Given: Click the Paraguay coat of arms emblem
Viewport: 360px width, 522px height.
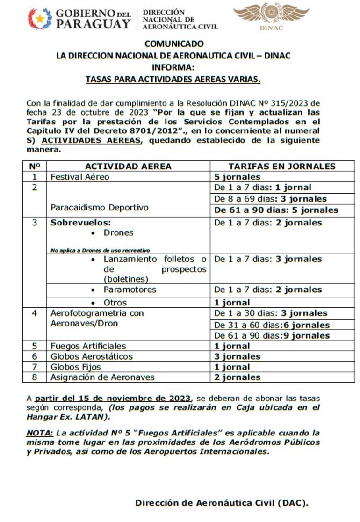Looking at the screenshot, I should pos(40,19).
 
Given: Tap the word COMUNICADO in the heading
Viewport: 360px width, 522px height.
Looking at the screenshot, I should pos(174,44).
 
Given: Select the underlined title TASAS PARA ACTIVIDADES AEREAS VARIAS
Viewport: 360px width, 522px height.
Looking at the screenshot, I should pos(173,80).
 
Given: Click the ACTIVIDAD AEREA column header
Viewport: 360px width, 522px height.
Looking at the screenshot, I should pos(128,166).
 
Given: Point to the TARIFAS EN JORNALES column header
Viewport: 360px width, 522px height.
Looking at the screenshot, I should pos(282,166).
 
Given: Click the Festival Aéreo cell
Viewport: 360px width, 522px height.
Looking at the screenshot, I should pos(80,177).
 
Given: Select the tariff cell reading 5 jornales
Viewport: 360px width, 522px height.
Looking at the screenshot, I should pos(237,177).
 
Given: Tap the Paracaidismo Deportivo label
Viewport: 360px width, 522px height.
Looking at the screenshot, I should pos(100,207).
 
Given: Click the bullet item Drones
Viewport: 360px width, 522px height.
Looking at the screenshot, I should pos(118,232).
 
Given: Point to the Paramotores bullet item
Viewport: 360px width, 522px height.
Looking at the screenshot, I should pos(130,290).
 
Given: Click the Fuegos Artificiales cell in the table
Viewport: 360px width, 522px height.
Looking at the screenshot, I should pos(88,346).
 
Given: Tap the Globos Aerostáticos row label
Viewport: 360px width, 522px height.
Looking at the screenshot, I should pos(92,356).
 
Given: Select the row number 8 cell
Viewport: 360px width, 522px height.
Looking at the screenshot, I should pos(34,377).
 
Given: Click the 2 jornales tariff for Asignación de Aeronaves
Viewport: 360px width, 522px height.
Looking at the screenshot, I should pos(237,377).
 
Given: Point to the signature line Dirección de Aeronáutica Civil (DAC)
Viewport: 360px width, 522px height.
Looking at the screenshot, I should pos(222,503).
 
